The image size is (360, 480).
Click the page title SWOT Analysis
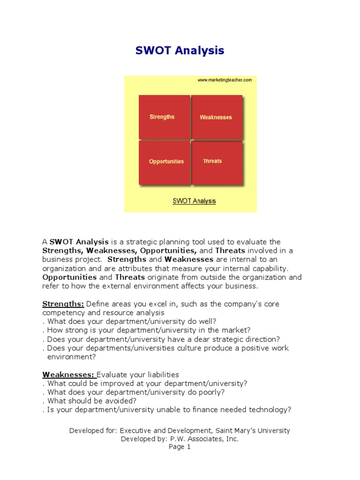pos(180,50)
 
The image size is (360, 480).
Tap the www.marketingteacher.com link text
pos(225,80)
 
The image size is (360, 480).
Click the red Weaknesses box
pos(217,117)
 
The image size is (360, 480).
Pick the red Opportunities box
pos(165,162)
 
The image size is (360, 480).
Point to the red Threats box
pos(217,162)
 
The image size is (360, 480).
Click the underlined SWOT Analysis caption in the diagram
pos(194,201)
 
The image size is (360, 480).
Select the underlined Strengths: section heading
pos(63,304)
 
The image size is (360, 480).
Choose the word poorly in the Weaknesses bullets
pos(209,392)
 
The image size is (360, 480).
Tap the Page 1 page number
pos(180,447)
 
